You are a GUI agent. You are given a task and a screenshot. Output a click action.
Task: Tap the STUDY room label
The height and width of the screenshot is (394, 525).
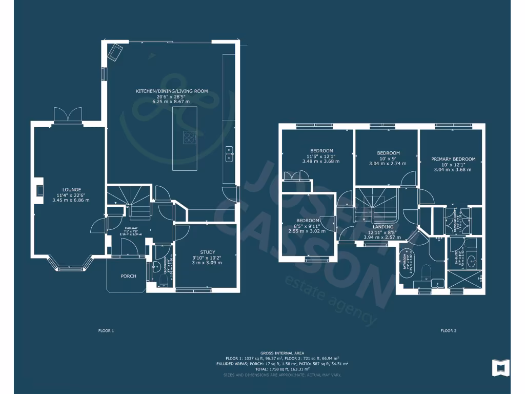point(207,252)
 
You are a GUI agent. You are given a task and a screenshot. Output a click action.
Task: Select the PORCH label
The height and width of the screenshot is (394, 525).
point(128,276)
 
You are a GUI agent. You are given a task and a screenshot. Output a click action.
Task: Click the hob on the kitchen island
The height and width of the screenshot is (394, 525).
point(190,136)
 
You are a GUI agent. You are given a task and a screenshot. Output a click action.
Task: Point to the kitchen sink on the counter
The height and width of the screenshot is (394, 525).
point(229,153)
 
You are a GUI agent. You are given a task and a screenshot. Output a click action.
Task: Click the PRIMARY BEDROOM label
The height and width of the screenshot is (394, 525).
point(453,159)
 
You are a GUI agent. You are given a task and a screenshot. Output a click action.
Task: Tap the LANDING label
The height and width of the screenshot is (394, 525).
point(383,227)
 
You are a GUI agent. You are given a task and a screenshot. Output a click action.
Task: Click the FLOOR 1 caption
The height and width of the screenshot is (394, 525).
point(106,331)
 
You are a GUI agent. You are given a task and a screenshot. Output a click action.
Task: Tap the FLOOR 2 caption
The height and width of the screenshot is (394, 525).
point(448,331)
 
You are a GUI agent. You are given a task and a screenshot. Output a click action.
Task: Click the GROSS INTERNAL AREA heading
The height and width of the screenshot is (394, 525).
point(281,353)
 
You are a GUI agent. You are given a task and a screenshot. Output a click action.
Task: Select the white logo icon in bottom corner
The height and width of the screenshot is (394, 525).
point(500,367)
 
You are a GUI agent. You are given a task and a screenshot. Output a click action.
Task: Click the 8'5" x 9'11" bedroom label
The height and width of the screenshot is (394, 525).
point(307,226)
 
